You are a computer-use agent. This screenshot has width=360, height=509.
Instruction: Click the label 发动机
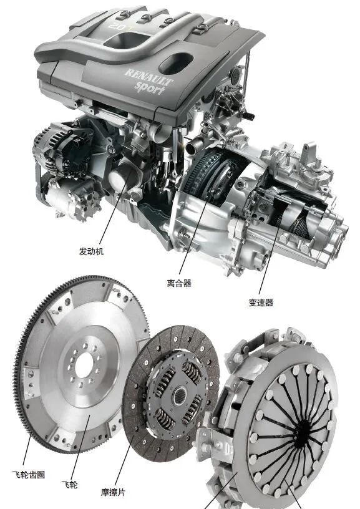pos(91,251)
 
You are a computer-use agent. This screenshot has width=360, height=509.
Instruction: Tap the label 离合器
pos(179,283)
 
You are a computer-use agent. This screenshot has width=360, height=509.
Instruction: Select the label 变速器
pos(261,303)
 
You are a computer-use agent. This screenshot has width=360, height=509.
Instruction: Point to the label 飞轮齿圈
pos(29,475)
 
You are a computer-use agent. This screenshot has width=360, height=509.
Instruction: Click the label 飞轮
pos(70,485)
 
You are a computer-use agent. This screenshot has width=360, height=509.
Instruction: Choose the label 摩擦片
pos(113,492)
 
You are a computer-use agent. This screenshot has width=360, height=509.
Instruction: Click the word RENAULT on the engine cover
pos(148,77)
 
